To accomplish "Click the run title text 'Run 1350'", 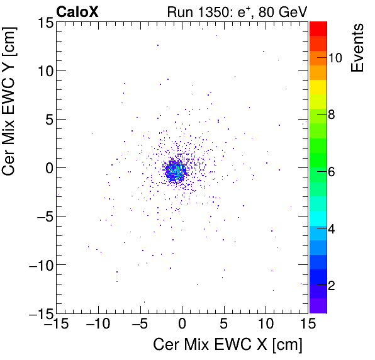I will (x=193, y=11).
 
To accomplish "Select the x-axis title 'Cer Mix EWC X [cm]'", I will (x=228, y=345).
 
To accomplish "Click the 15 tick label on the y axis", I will (x=44, y=23).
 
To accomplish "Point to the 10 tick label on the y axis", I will (x=44, y=71).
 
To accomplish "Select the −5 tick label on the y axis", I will (x=42, y=217).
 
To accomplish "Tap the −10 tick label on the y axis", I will (x=38, y=265).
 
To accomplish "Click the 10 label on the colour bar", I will (x=335, y=58).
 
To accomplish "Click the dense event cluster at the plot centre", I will (x=175, y=171).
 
